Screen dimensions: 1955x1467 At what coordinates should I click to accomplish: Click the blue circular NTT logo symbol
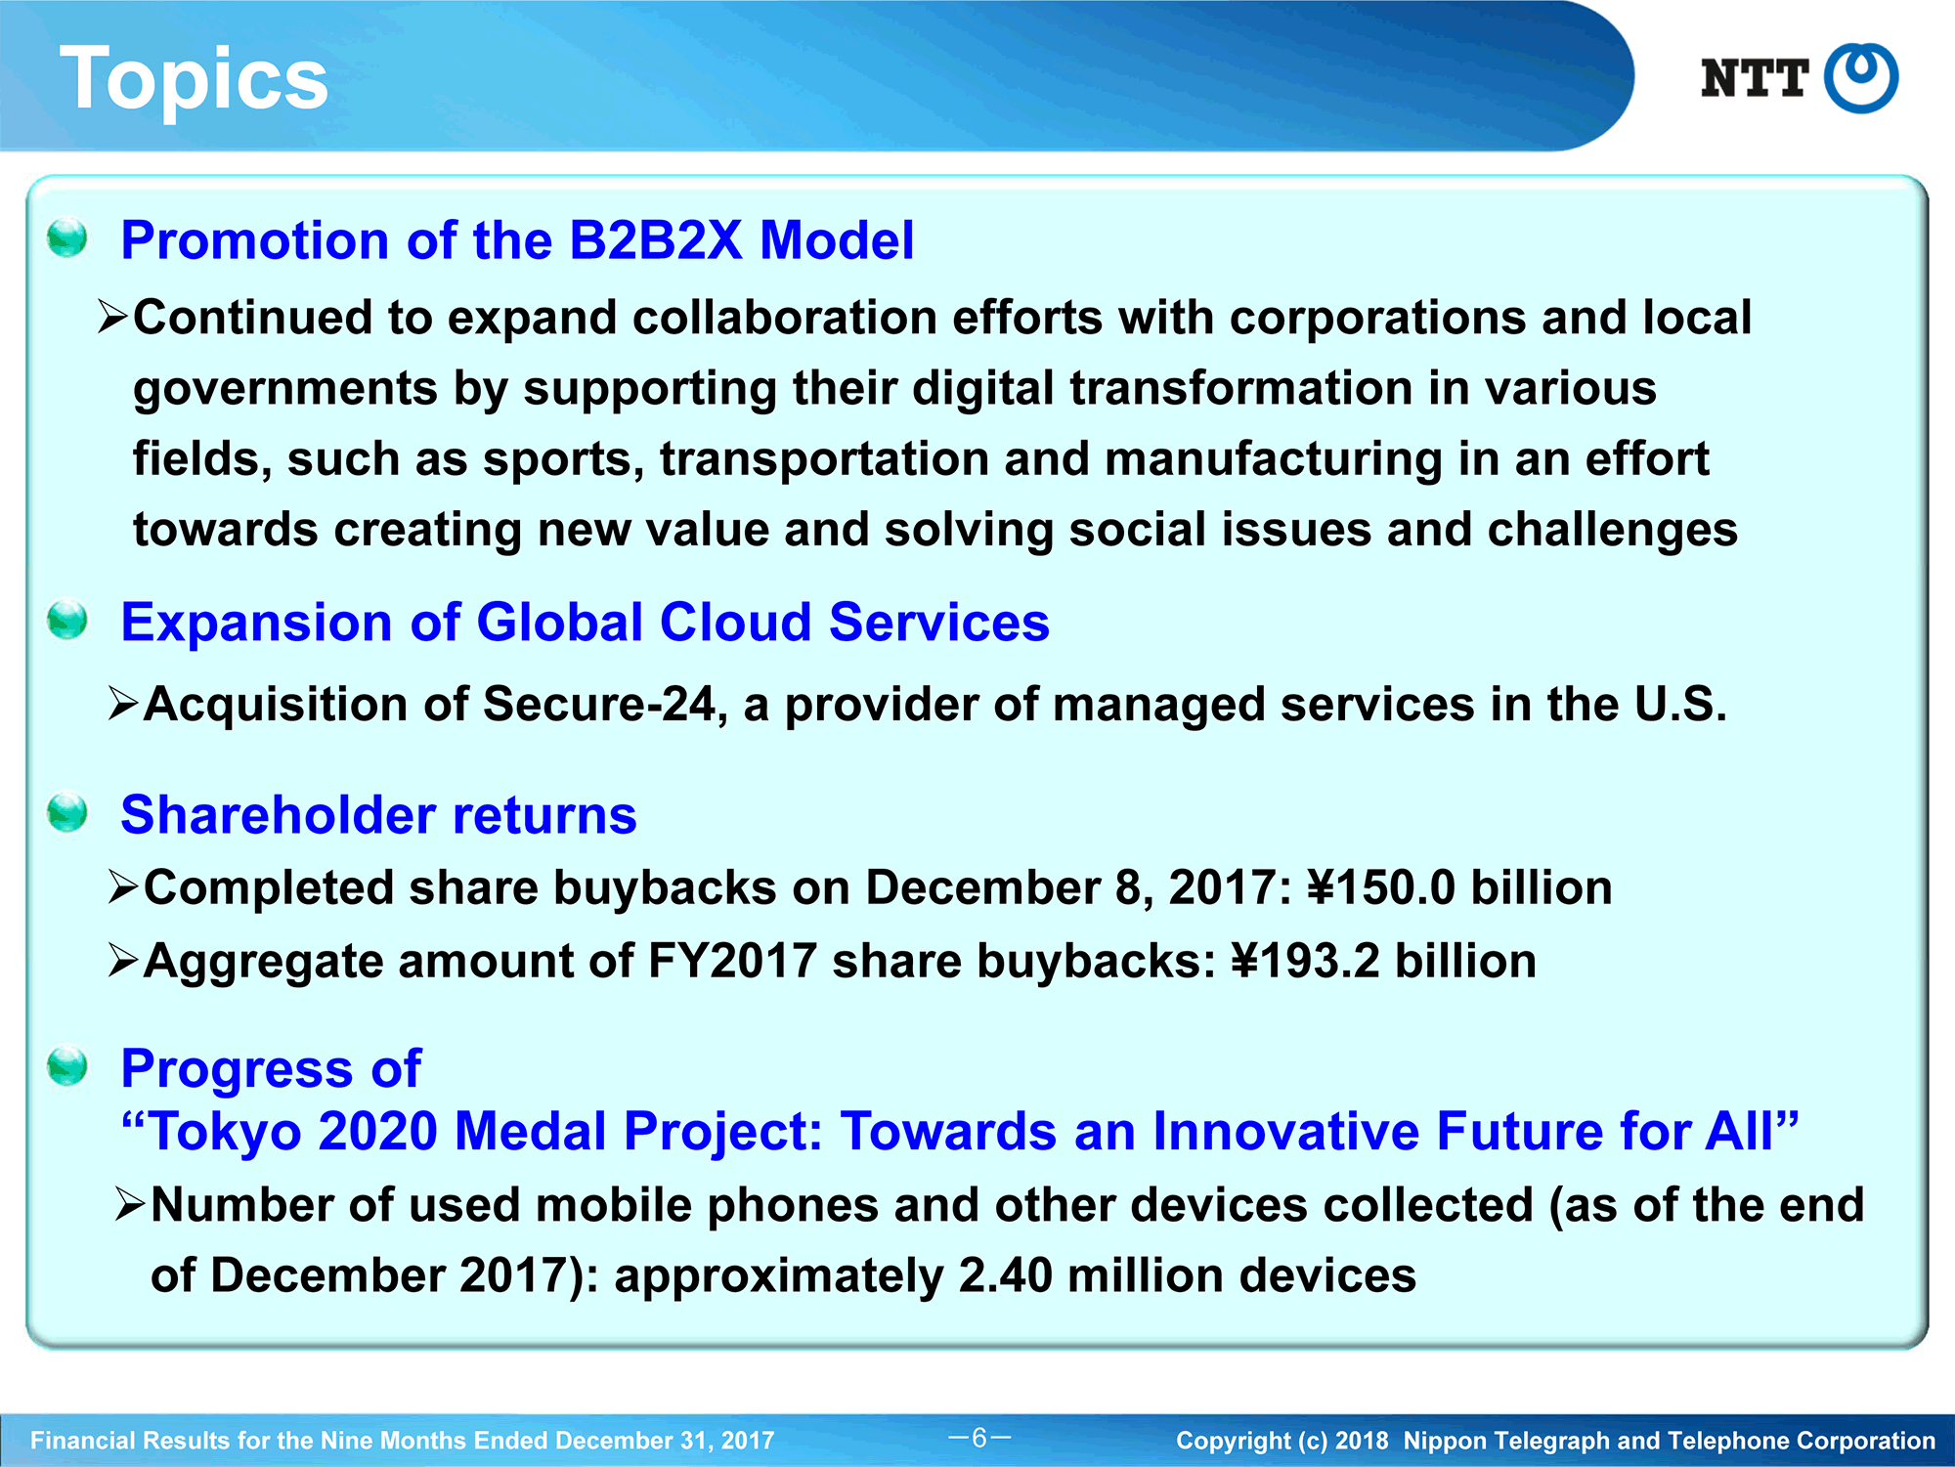click(x=1861, y=78)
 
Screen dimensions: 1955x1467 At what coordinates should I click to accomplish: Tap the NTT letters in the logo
click(x=1755, y=78)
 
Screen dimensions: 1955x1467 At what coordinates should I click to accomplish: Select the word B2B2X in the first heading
click(x=656, y=240)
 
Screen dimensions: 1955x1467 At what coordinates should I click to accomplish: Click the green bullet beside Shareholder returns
click(x=67, y=812)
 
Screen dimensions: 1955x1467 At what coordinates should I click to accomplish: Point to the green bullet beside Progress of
click(x=67, y=1065)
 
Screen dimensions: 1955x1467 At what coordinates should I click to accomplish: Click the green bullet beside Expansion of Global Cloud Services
click(x=67, y=620)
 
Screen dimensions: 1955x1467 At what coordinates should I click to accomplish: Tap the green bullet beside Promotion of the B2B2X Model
click(x=67, y=237)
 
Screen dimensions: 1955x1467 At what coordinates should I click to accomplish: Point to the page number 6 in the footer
click(x=979, y=1438)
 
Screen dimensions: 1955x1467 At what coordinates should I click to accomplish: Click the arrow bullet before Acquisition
click(x=123, y=704)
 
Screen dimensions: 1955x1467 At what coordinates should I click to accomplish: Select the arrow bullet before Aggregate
click(x=123, y=961)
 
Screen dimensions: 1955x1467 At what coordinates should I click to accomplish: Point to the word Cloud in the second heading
click(x=735, y=623)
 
